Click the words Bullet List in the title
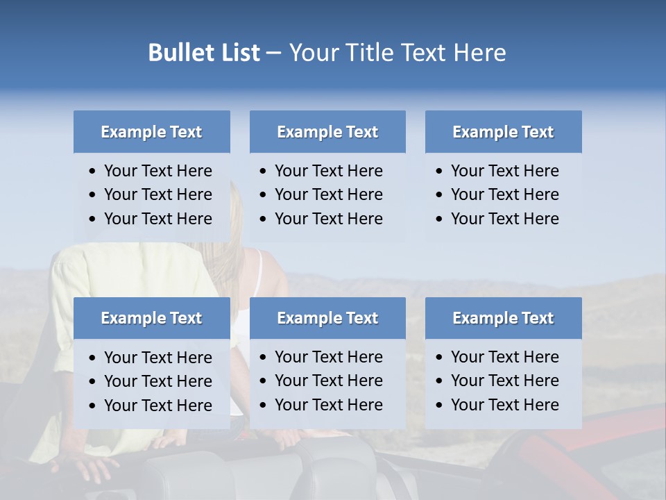tap(204, 53)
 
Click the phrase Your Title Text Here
tap(398, 53)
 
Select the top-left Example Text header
tap(151, 132)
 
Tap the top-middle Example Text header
tap(327, 132)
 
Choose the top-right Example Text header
tap(503, 132)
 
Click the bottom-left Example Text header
tap(151, 318)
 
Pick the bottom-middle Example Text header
tap(327, 318)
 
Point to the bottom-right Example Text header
tap(503, 318)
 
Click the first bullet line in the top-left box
tap(157, 171)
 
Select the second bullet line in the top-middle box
tap(328, 194)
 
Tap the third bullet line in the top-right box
tap(504, 218)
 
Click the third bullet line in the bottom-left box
tap(157, 405)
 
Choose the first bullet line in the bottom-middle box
tap(328, 357)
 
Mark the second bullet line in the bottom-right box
tap(504, 381)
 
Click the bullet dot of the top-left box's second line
tap(93, 195)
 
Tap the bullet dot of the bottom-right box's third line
tap(440, 406)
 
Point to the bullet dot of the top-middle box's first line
tap(264, 172)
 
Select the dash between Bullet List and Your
tap(274, 53)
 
